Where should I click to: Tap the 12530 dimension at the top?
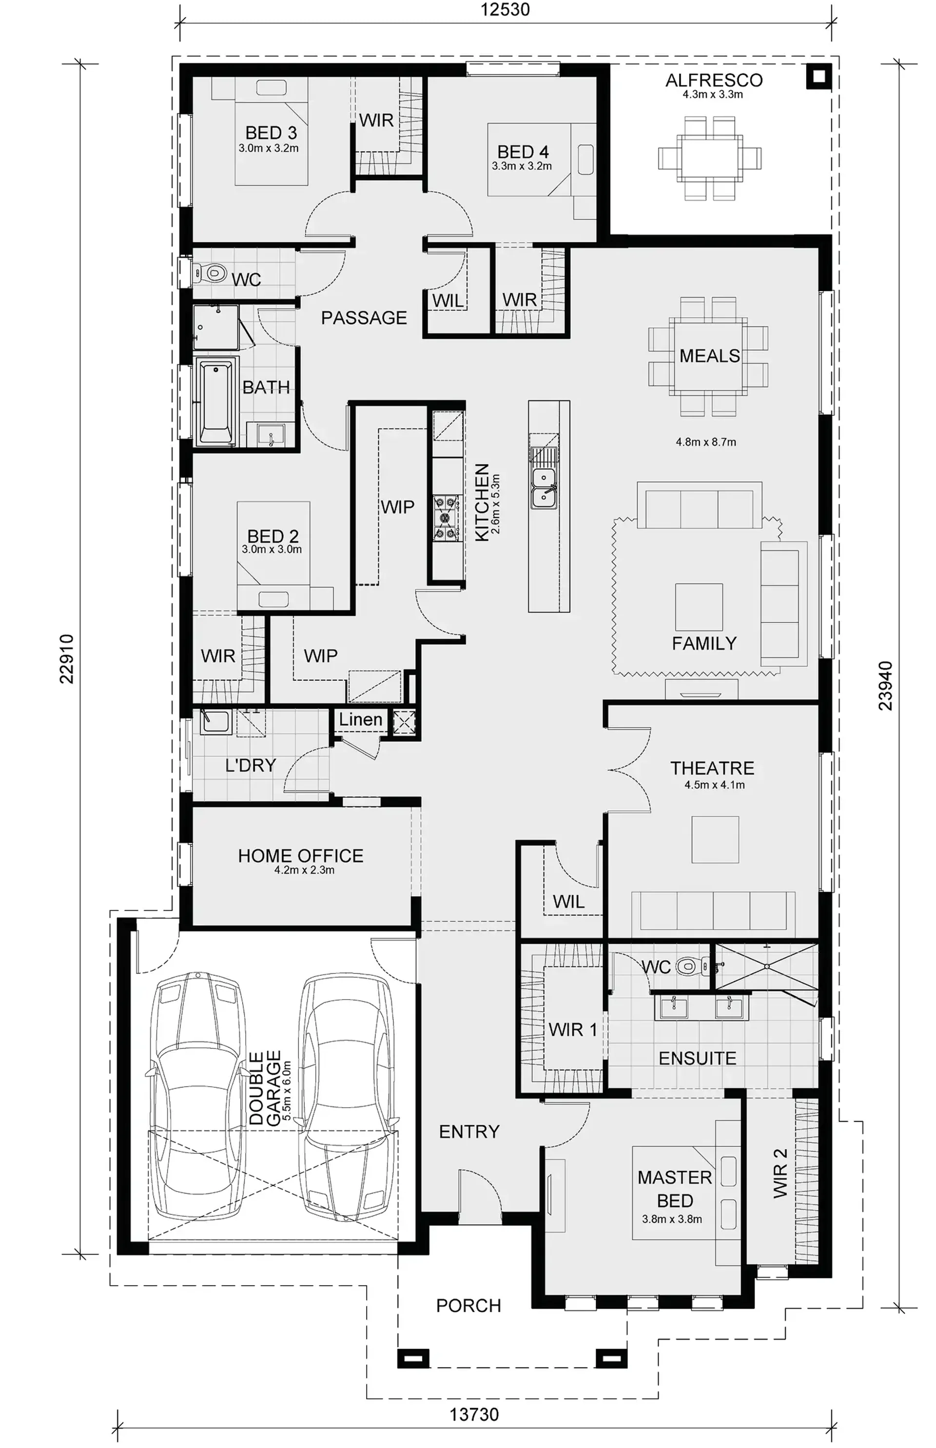[x=505, y=10]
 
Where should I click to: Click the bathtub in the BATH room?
[x=216, y=402]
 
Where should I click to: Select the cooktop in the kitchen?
[x=446, y=518]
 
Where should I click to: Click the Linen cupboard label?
[x=360, y=719]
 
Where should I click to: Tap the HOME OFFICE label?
[x=300, y=855]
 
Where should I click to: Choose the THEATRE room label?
[x=712, y=768]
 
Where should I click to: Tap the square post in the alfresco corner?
[x=819, y=76]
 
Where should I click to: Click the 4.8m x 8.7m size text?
[x=705, y=443]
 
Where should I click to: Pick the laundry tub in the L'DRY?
[x=214, y=721]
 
